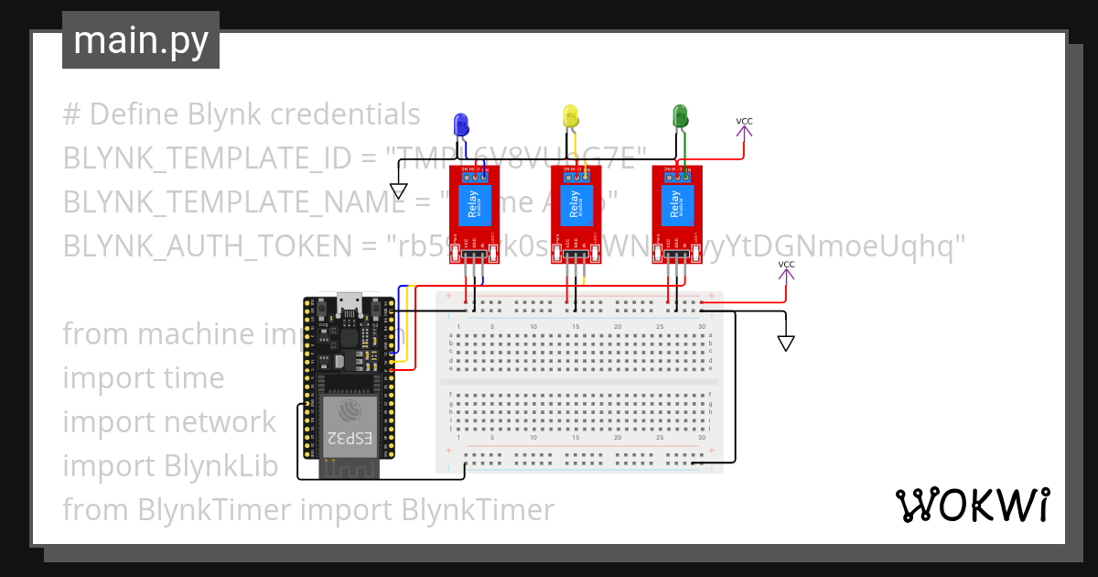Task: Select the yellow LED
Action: coord(570,116)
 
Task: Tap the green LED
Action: coord(680,116)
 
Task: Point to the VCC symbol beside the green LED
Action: coord(745,131)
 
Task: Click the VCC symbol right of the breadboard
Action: coord(786,275)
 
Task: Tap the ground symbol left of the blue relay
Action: coord(398,191)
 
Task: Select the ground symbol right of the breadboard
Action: coord(785,343)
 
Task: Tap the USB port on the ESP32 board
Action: coord(349,303)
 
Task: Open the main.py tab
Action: coord(141,41)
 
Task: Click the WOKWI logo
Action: coord(972,505)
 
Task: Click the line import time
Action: coord(144,377)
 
